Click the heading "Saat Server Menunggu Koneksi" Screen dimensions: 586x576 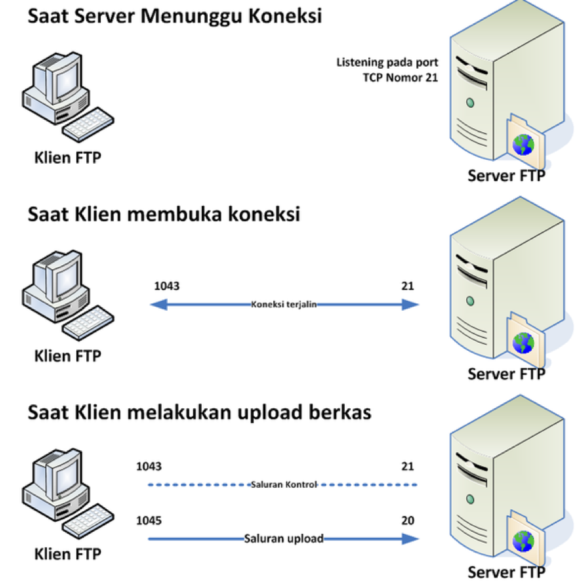point(174,16)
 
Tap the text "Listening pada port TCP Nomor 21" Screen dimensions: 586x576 point(388,69)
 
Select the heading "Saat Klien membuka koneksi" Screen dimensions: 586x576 point(164,215)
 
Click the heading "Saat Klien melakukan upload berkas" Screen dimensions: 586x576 point(199,412)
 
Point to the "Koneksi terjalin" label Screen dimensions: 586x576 point(283,304)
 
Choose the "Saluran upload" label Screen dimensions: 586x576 point(283,538)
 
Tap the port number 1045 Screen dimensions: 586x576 point(148,521)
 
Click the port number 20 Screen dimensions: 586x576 point(408,521)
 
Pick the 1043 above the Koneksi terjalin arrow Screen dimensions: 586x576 point(167,286)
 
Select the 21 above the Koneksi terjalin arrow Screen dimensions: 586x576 point(408,286)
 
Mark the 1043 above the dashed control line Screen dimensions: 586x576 point(148,466)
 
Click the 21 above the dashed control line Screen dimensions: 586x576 point(408,466)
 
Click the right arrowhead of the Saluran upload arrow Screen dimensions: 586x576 point(410,538)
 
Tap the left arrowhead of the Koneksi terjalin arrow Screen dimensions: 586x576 point(156,305)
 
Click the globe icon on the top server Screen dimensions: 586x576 point(523,144)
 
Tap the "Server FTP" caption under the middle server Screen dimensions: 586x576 point(506,374)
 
